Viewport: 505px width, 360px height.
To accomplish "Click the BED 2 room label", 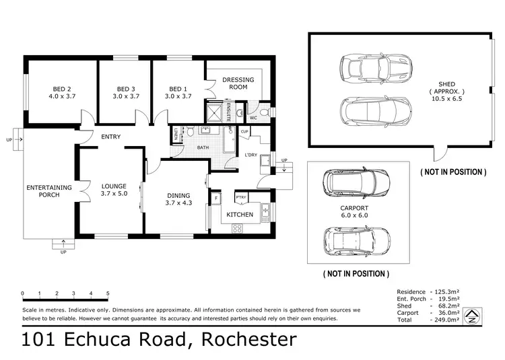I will pyautogui.click(x=63, y=89).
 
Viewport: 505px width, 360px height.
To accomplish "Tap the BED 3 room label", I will pyautogui.click(x=126, y=89).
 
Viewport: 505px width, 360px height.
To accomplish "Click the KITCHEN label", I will pyautogui.click(x=239, y=215).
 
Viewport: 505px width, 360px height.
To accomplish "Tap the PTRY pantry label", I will pyautogui.click(x=240, y=198).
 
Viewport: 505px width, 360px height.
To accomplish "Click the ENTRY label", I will pyautogui.click(x=110, y=137).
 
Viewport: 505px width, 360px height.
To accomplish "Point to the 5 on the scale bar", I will pyautogui.click(x=108, y=293).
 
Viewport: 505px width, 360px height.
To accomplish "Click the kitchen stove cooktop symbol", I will pyautogui.click(x=237, y=229).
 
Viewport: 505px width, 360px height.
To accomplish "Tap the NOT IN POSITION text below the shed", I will pyautogui.click(x=453, y=172).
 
